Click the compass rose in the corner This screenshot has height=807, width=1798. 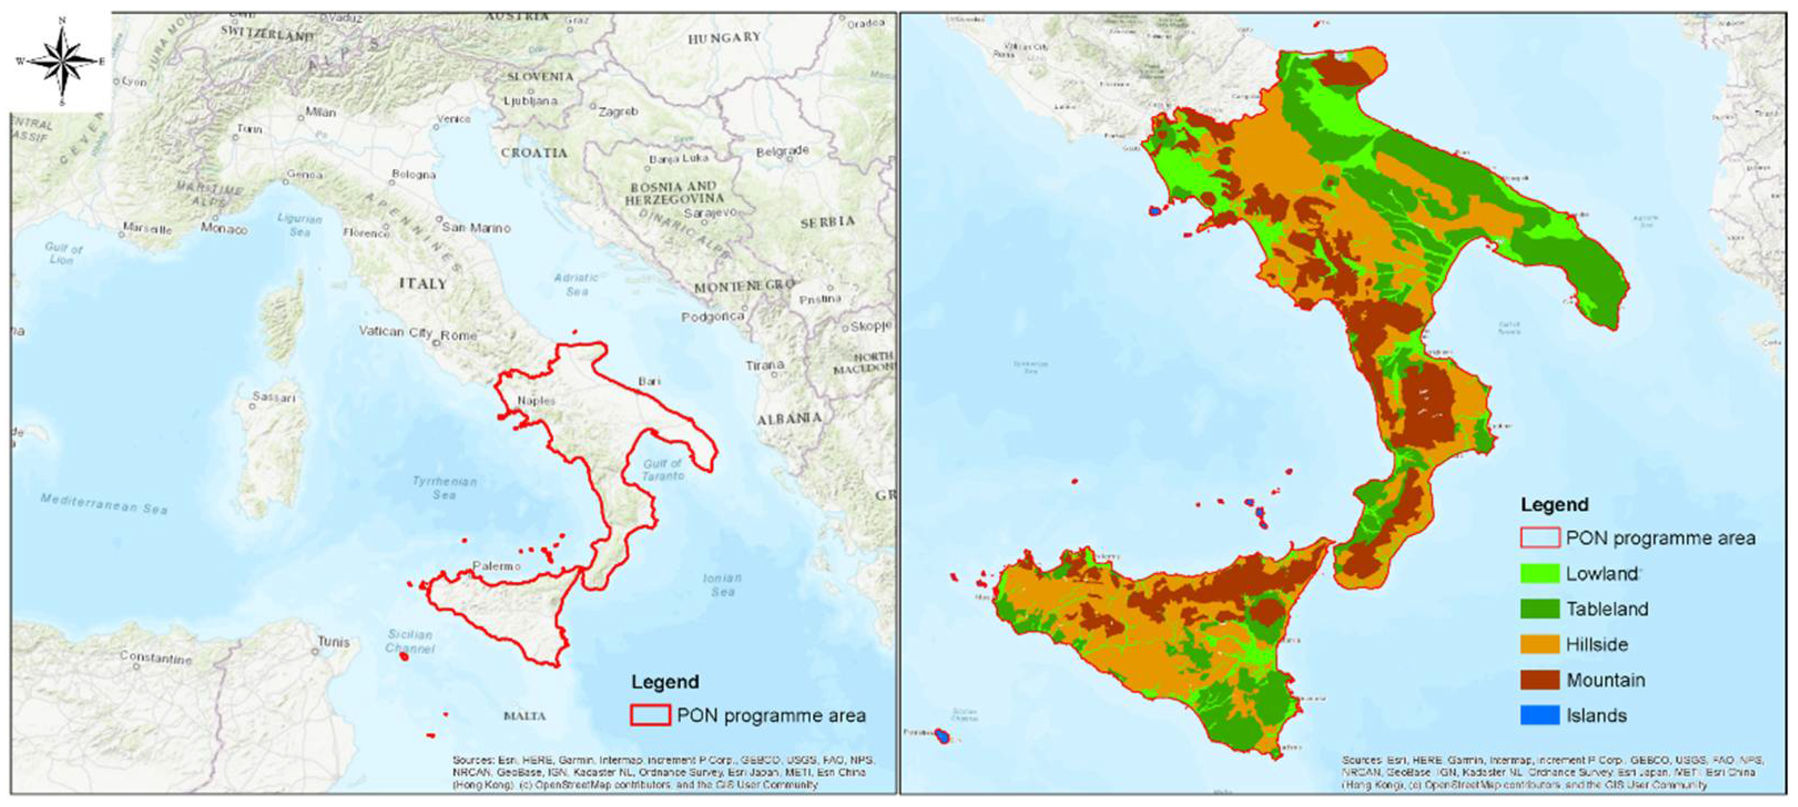coord(62,62)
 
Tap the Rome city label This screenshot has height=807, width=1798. coord(459,335)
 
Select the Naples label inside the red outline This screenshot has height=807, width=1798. coord(536,400)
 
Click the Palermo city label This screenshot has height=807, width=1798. coord(496,566)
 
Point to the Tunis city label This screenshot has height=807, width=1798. coord(334,642)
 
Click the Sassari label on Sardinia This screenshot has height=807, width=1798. coord(274,397)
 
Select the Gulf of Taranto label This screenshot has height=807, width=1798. coord(663,469)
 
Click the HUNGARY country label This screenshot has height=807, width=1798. coord(724,38)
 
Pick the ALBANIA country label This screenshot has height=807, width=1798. coord(790,419)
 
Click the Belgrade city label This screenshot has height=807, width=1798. coord(782,151)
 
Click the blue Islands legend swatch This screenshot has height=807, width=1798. coord(1539,715)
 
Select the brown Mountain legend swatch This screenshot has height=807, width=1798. coord(1539,680)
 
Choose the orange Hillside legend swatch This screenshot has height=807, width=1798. coord(1539,644)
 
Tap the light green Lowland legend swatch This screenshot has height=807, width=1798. coord(1539,573)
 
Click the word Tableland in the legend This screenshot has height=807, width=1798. coord(1607,609)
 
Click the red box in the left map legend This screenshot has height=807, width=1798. coord(650,715)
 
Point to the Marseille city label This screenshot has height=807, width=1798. coord(147,229)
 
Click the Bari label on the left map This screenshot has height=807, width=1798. coord(649,381)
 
